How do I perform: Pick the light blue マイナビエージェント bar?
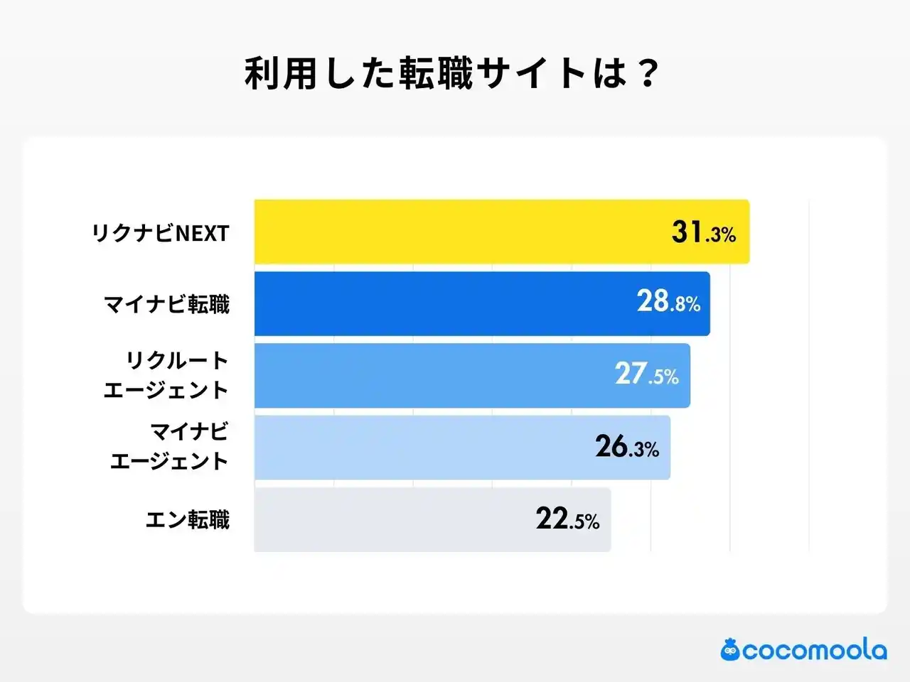[x=419, y=448]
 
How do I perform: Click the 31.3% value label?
[x=703, y=232]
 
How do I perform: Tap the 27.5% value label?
[x=647, y=374]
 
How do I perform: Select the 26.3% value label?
[x=627, y=448]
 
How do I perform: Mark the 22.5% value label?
[x=567, y=519]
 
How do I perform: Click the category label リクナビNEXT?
[x=161, y=233]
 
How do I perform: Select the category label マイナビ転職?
[x=167, y=305]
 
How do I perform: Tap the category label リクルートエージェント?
[x=166, y=375]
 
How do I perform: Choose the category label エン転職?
[x=188, y=520]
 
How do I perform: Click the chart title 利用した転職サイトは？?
[x=452, y=73]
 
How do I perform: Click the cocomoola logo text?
[x=815, y=650]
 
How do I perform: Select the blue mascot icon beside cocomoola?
[x=730, y=649]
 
